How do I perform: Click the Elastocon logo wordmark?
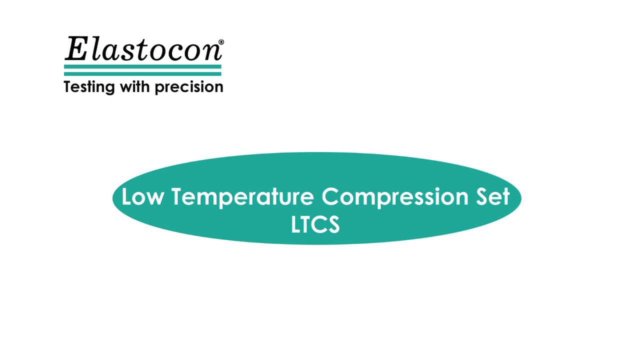(x=143, y=50)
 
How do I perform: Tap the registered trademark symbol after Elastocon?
(x=221, y=42)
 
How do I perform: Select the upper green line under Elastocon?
(x=142, y=66)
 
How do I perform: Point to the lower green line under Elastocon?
(x=142, y=73)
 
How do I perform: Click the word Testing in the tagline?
(x=88, y=87)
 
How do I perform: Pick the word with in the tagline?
(x=134, y=86)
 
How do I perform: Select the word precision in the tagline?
(x=188, y=87)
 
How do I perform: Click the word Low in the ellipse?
(x=142, y=196)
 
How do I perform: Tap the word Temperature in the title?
(x=243, y=196)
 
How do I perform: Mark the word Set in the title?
(x=491, y=196)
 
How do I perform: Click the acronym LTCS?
(x=315, y=224)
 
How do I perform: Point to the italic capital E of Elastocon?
(x=75, y=49)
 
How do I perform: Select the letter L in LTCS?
(x=296, y=224)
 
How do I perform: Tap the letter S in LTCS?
(x=334, y=224)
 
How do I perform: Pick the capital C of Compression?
(x=330, y=196)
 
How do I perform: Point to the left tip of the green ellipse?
(x=113, y=198)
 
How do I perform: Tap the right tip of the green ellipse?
(x=520, y=198)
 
